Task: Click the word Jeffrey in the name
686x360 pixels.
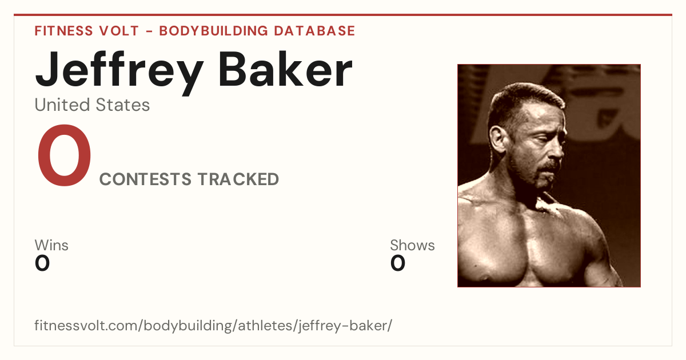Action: pos(119,72)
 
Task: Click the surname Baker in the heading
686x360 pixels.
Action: pos(285,69)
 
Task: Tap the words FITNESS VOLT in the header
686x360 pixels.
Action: pos(87,31)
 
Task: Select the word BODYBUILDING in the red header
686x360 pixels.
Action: pos(214,31)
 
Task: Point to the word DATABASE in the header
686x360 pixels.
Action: pos(314,31)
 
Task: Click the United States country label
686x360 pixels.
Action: pos(92,105)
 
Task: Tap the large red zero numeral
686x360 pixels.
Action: pos(64,155)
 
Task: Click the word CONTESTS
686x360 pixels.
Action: pos(145,179)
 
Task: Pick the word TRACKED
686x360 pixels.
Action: pos(238,179)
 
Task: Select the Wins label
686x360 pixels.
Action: pos(51,245)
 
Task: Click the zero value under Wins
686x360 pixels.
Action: pos(42,263)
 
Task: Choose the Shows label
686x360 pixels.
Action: pos(412,245)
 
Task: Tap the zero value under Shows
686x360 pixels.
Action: pos(398,263)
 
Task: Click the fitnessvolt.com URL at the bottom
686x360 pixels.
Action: pos(213,325)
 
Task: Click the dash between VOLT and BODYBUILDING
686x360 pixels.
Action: pos(149,31)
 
